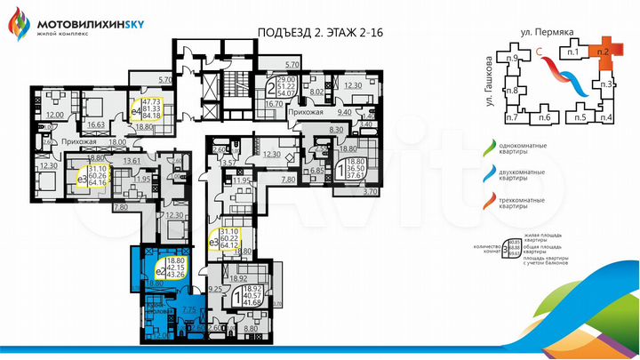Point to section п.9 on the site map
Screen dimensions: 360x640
[512, 58]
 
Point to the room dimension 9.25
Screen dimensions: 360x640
[214, 289]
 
